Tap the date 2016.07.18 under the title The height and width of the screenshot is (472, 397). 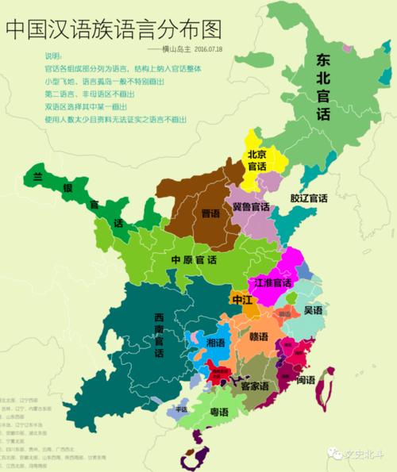(x=208, y=49)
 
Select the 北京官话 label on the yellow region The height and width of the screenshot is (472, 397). (x=256, y=160)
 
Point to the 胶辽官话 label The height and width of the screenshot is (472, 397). (x=308, y=198)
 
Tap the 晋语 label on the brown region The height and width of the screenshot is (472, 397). (x=210, y=213)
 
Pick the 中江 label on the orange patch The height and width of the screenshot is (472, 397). (x=242, y=300)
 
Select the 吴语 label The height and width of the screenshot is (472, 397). (x=313, y=310)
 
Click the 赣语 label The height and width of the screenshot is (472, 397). (x=259, y=337)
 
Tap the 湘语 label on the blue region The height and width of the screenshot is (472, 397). (x=215, y=343)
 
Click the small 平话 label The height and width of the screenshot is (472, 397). (x=181, y=409)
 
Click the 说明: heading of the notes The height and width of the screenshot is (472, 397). (x=52, y=56)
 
